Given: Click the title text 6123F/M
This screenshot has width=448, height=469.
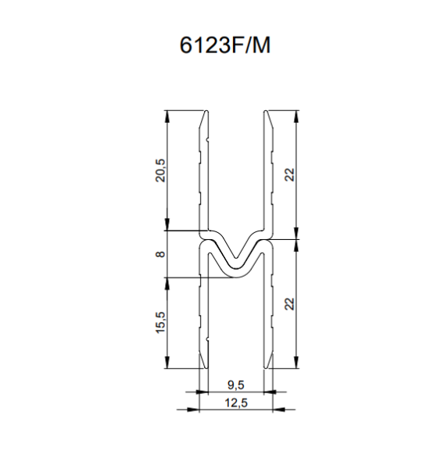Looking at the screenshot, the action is click(224, 45).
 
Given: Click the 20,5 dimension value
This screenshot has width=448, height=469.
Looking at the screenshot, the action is click(160, 170).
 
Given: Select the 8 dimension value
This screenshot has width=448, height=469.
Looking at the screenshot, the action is click(160, 254).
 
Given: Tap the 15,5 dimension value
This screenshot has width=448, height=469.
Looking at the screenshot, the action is click(160, 322).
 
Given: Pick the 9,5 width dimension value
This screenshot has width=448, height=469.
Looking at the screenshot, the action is click(236, 385).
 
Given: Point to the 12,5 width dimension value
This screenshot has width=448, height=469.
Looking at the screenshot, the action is click(236, 403).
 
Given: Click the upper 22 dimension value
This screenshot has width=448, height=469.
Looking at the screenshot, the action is click(290, 174).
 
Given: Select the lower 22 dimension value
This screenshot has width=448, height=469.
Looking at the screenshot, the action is click(290, 304).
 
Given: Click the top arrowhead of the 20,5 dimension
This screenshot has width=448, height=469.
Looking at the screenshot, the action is click(167, 116).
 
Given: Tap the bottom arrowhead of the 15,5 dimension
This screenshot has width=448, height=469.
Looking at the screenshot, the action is click(167, 362).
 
